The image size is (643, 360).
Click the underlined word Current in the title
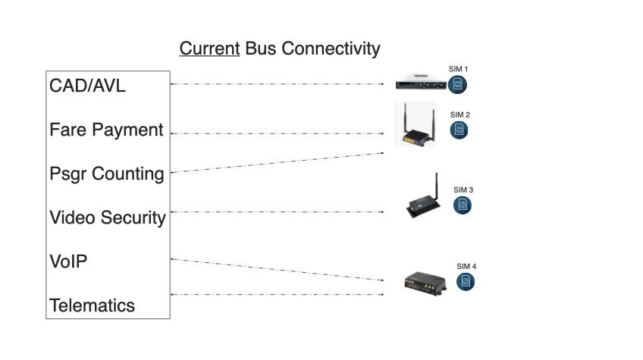pos(209,49)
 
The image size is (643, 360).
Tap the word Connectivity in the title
pos(331,49)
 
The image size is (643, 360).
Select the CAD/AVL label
pos(87,86)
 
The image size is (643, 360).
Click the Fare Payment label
pos(106,130)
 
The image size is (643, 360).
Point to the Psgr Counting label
pos(107,174)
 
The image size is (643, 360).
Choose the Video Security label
pos(108,218)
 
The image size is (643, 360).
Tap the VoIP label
pos(68,261)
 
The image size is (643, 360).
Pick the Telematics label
pos(92,305)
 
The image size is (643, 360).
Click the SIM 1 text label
pos(458,69)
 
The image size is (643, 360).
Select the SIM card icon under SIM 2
pos(459,130)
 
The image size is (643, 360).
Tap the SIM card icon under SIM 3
pos(463,205)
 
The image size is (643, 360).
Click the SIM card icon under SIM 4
pos(466,282)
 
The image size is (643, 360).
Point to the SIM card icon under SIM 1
pos(457,85)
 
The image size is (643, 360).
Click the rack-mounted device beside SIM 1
pos(421,82)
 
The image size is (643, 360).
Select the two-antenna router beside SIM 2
pos(416,124)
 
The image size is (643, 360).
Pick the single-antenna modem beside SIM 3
pos(424,196)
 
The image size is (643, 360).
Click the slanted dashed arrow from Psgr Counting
pos(278,163)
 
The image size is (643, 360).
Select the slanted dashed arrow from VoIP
pos(278,270)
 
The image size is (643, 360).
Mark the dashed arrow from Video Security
pos(278,212)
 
